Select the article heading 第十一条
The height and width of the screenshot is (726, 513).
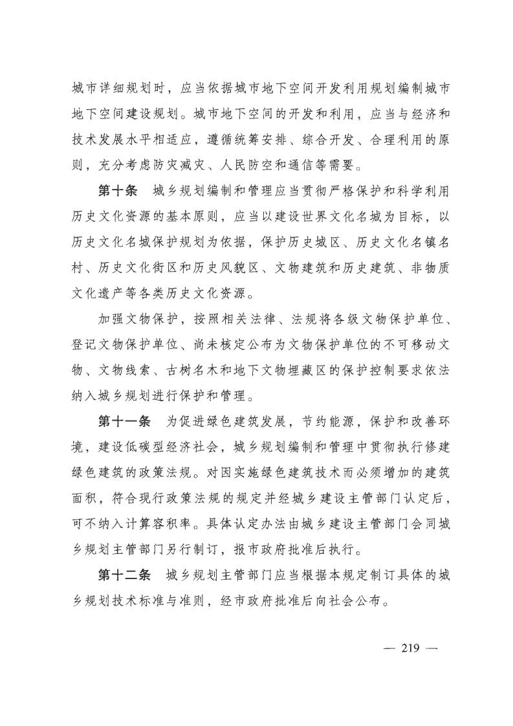[x=124, y=421]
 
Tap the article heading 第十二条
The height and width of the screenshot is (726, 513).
[x=124, y=575]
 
